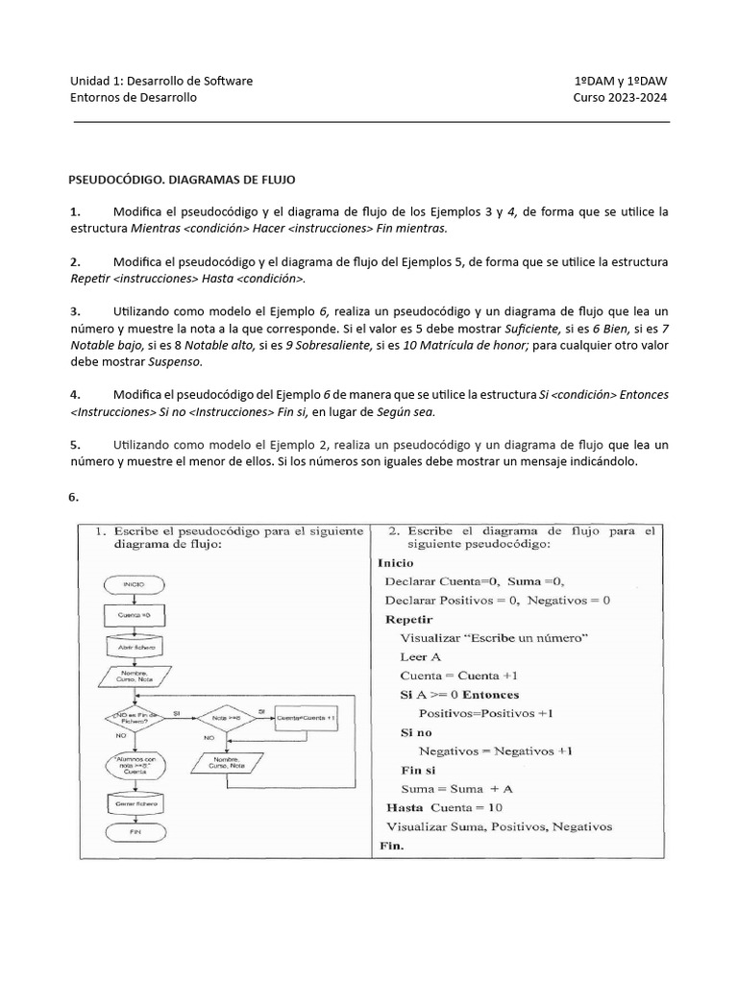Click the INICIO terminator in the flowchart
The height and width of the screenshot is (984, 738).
pyautogui.click(x=134, y=583)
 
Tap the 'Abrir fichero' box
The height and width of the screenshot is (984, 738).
pyautogui.click(x=134, y=648)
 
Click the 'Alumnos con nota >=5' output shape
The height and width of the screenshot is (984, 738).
pyautogui.click(x=134, y=765)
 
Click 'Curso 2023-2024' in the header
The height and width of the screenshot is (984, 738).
pyautogui.click(x=621, y=98)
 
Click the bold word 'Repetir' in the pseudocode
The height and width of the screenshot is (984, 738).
pyautogui.click(x=409, y=619)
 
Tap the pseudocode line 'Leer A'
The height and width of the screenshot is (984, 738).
pyautogui.click(x=421, y=656)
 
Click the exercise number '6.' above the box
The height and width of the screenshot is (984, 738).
pyautogui.click(x=74, y=497)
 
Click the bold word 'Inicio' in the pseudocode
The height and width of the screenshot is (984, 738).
pyautogui.click(x=396, y=563)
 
